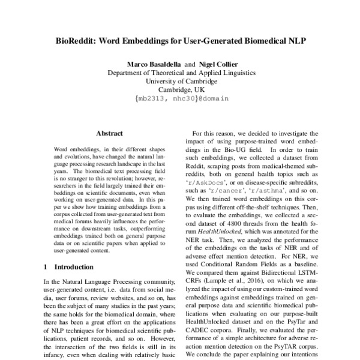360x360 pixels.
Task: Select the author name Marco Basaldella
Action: click(153, 64)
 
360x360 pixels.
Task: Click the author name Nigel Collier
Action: click(211, 64)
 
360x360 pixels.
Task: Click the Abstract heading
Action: click(109, 133)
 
